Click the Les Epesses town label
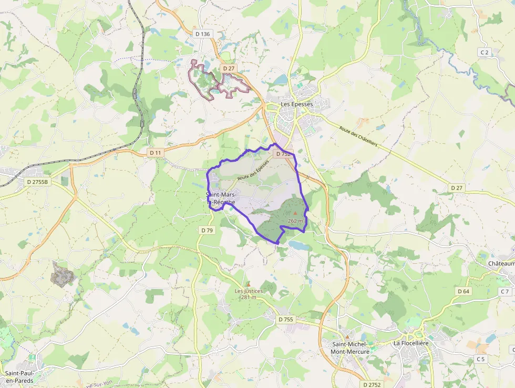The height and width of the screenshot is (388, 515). coord(296,104)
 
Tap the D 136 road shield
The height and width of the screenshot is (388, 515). coord(202,34)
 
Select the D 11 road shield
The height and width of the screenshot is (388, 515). coord(155,153)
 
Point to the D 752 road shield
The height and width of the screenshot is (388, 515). coord(283,154)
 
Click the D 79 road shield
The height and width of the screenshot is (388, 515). coord(207,231)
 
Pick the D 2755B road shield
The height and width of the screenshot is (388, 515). coord(37,182)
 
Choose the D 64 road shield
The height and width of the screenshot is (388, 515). coord(463,291)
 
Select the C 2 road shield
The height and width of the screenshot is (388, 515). coord(484,52)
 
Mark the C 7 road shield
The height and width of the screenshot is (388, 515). coord(504,291)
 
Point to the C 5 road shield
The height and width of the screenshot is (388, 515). coord(480,359)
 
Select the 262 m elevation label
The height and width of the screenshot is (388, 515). coord(295,221)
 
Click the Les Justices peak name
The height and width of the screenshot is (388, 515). coord(249,291)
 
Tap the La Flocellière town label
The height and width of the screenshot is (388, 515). coord(411,343)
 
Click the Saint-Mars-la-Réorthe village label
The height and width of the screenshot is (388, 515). coord(221,198)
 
